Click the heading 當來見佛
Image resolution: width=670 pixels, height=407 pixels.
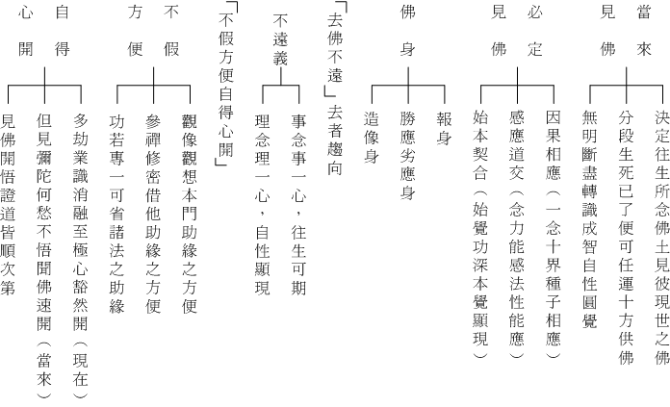coord(626,31)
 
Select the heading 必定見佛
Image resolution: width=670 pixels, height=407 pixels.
coord(517,31)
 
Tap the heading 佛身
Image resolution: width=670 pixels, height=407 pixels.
coord(407,31)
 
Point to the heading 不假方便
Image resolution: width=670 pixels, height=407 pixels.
coord(153,31)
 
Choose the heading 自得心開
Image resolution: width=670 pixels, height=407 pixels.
coord(44,31)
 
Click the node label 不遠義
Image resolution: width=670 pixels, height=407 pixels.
coord(280,39)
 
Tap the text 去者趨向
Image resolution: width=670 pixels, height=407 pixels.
coord(335,140)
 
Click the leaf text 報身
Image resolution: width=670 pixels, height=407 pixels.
coord(445,129)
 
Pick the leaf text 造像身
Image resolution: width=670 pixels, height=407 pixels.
coord(372,138)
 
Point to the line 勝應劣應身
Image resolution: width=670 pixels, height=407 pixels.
coord(407,156)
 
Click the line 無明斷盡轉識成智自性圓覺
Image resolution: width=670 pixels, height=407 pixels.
coord(590,219)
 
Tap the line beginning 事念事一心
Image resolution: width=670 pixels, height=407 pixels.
coord(298,204)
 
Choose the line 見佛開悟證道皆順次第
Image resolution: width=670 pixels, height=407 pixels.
coord(8,204)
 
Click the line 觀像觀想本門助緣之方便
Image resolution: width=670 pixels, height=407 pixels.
coord(190,214)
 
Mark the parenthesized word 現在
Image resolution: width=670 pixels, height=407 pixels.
coord(80,370)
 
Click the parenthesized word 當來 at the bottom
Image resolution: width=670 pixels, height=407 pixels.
coord(44,370)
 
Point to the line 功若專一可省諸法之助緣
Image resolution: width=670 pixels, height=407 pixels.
coord(116,214)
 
